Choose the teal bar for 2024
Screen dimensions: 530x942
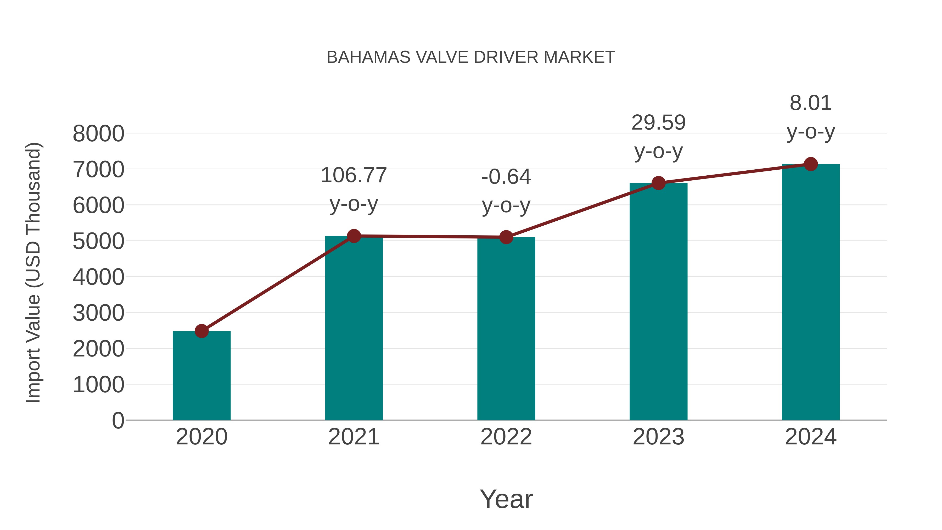click(x=811, y=292)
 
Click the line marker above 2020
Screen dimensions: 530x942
click(x=201, y=331)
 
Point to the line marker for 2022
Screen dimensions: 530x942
click(x=506, y=237)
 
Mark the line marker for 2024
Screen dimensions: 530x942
click(x=811, y=164)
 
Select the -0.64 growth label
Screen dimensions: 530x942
click(x=506, y=177)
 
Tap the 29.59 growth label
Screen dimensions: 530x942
click(x=658, y=123)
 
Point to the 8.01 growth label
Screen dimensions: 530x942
click(x=811, y=103)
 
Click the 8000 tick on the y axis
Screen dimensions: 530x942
click(x=98, y=134)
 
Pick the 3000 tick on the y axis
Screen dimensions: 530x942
click(x=98, y=314)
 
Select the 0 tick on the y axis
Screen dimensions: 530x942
click(x=118, y=421)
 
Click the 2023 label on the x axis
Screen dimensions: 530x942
click(x=658, y=437)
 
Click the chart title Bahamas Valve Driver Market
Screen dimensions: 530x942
click(x=471, y=57)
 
